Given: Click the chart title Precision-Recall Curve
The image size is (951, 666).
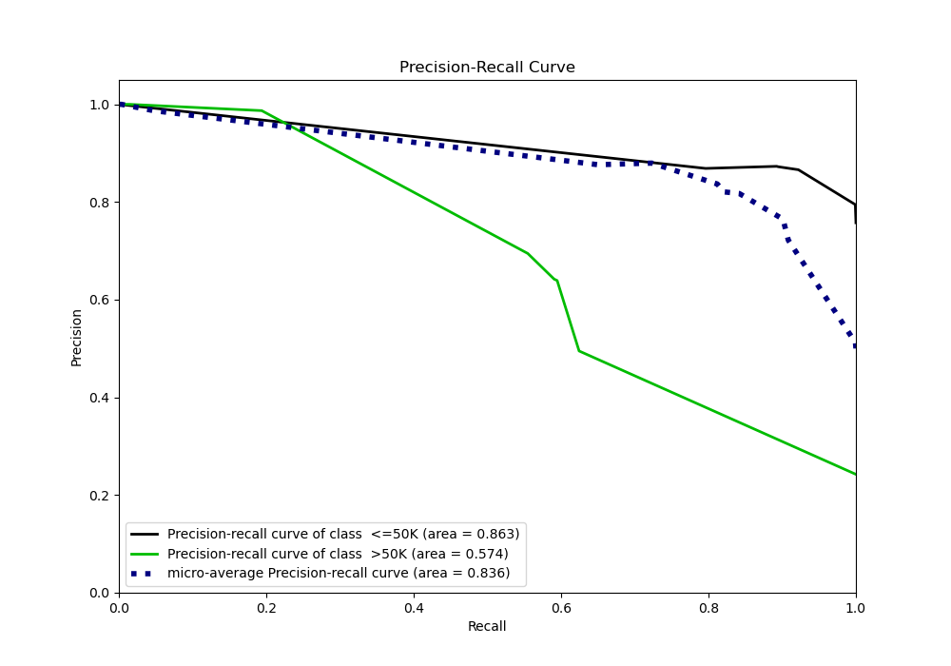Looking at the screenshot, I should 487,68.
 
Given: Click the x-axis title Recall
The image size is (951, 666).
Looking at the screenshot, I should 487,626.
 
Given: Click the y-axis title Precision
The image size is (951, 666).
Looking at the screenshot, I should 77,337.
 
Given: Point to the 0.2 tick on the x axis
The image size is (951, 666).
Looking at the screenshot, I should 266,607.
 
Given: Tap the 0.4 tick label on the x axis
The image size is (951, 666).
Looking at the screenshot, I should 414,607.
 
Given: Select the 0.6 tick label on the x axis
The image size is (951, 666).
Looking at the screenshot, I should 561,607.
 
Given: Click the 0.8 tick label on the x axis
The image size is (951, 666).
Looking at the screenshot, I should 708,607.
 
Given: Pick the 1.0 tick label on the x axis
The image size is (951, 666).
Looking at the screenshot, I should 855,607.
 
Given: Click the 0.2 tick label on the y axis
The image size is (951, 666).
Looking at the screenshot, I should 99,496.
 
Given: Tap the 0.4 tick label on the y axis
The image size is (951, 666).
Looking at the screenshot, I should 99,398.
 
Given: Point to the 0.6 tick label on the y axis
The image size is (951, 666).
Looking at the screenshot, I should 99,300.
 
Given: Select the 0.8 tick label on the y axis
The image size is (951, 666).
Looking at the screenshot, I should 99,203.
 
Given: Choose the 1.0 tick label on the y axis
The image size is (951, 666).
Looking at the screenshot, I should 99,105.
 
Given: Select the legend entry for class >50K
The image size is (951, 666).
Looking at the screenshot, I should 338,554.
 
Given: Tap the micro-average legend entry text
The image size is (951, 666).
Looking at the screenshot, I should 339,573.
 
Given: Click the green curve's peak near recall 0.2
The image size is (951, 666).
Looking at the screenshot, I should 262,110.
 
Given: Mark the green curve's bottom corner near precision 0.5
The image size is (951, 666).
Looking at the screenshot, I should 578,351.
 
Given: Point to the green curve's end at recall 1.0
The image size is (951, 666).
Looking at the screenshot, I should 855,474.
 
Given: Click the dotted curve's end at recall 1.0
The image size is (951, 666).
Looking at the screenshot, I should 855,346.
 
